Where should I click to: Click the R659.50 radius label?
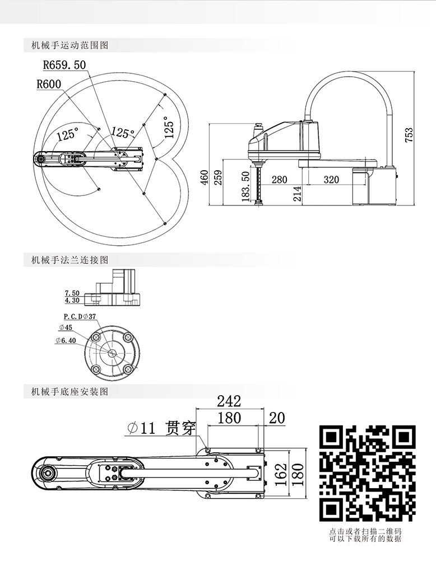click(x=64, y=65)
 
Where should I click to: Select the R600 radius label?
click(x=49, y=85)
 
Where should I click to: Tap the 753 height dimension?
click(x=409, y=136)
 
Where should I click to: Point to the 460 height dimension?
click(x=205, y=177)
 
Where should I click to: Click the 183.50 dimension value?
click(x=245, y=184)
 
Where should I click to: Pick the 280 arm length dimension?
click(x=279, y=180)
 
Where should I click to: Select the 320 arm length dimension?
click(x=331, y=180)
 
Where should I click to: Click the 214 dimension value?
click(x=297, y=194)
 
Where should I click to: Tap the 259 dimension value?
click(x=219, y=177)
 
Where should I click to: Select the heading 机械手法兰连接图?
click(x=70, y=260)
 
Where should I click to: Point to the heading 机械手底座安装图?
click(x=70, y=392)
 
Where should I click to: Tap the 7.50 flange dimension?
click(x=72, y=293)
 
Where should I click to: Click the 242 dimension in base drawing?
click(x=229, y=401)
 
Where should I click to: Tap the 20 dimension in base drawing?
click(x=277, y=418)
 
